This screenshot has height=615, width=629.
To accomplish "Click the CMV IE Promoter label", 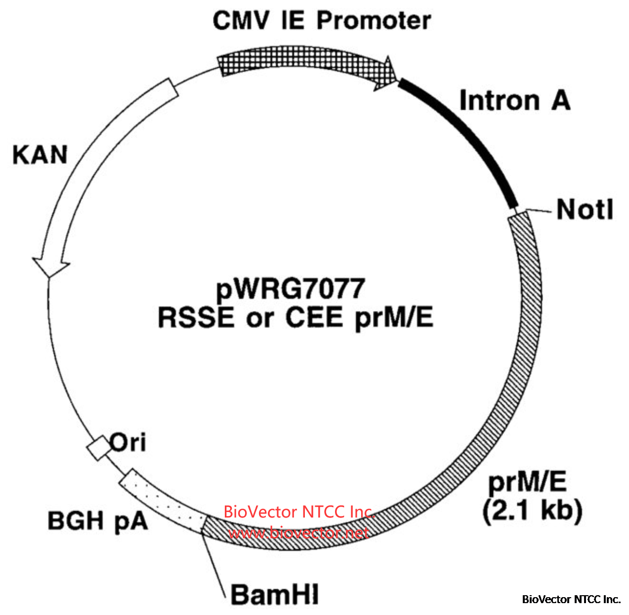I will [322, 21].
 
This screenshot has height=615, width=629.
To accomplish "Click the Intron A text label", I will [515, 100].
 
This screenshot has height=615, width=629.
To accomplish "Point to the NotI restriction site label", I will [585, 210].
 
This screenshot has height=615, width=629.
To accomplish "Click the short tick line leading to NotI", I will [538, 210].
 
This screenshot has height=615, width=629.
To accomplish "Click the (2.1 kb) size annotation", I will [532, 510].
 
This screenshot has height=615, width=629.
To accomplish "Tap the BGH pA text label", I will [98, 521].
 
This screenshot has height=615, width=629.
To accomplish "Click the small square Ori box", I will [98, 448].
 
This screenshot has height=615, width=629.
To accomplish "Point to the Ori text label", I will [128, 442].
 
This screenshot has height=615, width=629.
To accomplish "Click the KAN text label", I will [40, 155].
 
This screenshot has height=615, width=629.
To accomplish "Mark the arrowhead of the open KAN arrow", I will [49, 266].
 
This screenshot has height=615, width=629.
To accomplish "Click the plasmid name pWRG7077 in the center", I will [291, 289].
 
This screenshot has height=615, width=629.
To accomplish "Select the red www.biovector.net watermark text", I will [298, 533].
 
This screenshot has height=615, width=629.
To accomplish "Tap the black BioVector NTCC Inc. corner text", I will [571, 599].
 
